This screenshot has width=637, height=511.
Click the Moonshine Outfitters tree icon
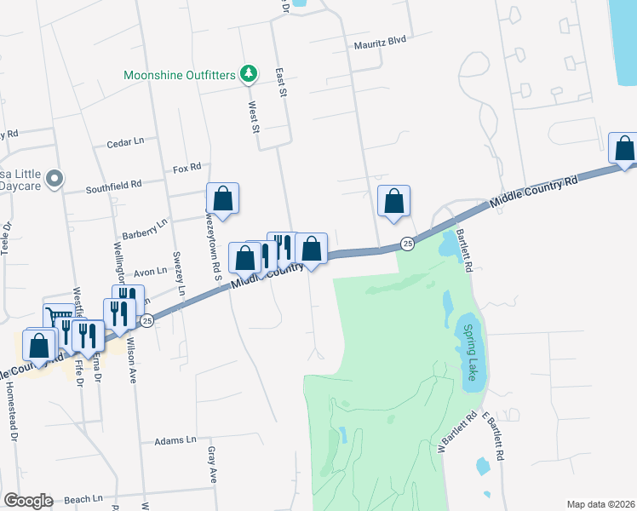pyautogui.click(x=248, y=75)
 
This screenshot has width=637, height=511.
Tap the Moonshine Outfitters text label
pyautogui.click(x=179, y=75)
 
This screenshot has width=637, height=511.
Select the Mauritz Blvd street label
pyautogui.click(x=380, y=40)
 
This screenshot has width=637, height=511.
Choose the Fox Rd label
pyautogui.click(x=186, y=168)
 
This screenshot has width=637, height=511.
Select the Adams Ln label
pyautogui.click(x=175, y=441)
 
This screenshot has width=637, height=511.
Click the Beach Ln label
pyautogui.click(x=83, y=499)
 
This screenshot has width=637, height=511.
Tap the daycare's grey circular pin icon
pyautogui.click(x=55, y=179)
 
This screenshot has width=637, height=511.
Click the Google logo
pyautogui.click(x=27, y=501)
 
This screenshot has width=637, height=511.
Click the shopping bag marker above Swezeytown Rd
pyautogui.click(x=222, y=198)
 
